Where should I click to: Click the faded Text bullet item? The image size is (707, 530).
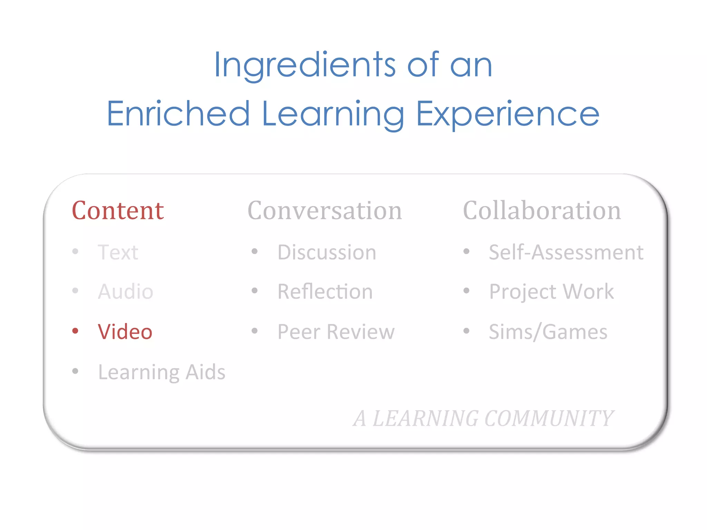(118, 252)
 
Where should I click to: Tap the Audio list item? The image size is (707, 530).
(125, 292)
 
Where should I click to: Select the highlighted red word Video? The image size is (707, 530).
(125, 332)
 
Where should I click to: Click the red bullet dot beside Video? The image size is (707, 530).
(75, 331)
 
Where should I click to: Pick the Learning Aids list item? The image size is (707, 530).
(162, 372)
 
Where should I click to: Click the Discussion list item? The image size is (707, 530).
(327, 252)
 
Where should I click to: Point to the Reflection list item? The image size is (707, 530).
(325, 292)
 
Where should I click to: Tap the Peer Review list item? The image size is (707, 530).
(336, 332)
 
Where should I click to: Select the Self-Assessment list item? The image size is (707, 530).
(566, 252)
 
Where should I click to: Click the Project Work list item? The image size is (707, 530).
(551, 292)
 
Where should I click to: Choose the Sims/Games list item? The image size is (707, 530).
(548, 332)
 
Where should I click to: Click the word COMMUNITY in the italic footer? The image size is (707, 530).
(549, 418)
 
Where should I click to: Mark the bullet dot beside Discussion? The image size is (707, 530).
(255, 251)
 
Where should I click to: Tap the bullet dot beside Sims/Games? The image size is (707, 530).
(466, 331)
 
